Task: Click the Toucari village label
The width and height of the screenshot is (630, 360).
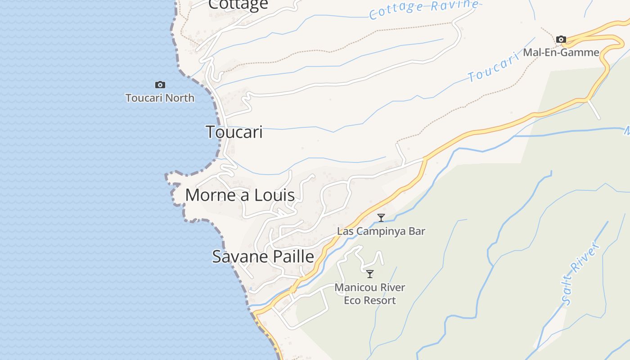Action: [234, 132]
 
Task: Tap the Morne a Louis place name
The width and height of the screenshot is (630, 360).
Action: [240, 195]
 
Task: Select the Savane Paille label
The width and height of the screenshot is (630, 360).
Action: [263, 256]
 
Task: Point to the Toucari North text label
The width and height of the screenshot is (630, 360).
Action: [160, 98]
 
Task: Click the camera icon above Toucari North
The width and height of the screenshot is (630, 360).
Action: [160, 85]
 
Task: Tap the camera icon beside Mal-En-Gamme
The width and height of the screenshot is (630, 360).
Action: [561, 40]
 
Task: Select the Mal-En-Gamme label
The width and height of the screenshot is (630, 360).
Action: [561, 53]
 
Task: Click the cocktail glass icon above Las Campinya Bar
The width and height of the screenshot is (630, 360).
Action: [381, 218]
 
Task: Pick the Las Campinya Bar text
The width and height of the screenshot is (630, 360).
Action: [381, 231]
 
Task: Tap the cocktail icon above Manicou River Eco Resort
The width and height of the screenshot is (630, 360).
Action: [370, 274]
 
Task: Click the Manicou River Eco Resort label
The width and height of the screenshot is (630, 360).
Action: [370, 294]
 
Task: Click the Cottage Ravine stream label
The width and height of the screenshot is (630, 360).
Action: [423, 9]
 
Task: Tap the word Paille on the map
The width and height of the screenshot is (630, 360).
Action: [292, 256]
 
